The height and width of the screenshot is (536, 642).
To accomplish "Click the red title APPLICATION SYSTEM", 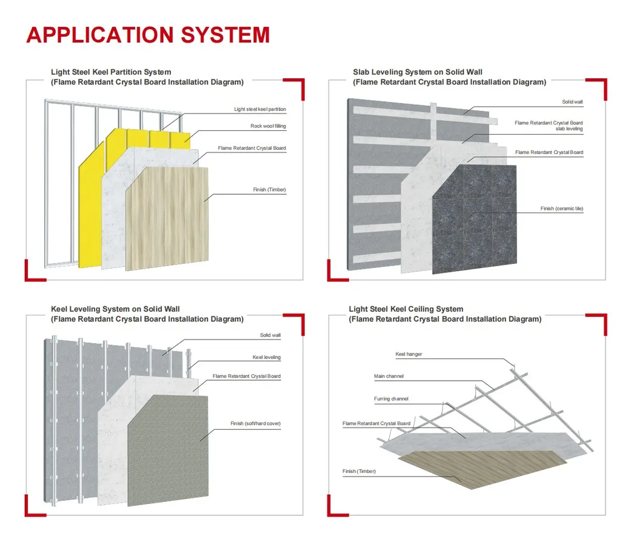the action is pos(148,35).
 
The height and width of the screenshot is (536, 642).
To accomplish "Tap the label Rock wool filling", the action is pos(268,126).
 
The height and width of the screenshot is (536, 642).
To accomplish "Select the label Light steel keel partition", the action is pos(260,109).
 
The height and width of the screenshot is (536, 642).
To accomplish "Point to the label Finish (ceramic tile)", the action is pos(562,209).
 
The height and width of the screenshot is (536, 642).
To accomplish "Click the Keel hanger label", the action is pos(409,354).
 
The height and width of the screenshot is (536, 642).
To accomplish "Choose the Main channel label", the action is pos(389,376).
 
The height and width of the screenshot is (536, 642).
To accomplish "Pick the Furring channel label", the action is pos(391,399).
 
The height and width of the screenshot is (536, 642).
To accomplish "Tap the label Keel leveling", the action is pos(267,357).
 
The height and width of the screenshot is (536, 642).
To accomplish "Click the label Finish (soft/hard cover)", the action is pos(255,423).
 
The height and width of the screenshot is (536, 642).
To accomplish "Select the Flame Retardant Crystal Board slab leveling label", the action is pos(549,126).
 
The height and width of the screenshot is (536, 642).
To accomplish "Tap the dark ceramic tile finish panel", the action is pos(474,219).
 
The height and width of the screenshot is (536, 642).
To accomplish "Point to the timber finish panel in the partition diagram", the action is pos(167,218).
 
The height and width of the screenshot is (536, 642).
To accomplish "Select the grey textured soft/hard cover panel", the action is pos(168,451).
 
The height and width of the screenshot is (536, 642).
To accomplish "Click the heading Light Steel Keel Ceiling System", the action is pos(406,309).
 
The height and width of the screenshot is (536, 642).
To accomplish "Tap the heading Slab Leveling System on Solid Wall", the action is pos(418,72).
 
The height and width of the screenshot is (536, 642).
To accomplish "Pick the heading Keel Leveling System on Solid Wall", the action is pos(115,309).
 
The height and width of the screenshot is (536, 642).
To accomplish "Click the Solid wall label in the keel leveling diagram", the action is pos(270,335).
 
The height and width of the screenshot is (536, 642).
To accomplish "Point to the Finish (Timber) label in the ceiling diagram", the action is pos(359,471).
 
